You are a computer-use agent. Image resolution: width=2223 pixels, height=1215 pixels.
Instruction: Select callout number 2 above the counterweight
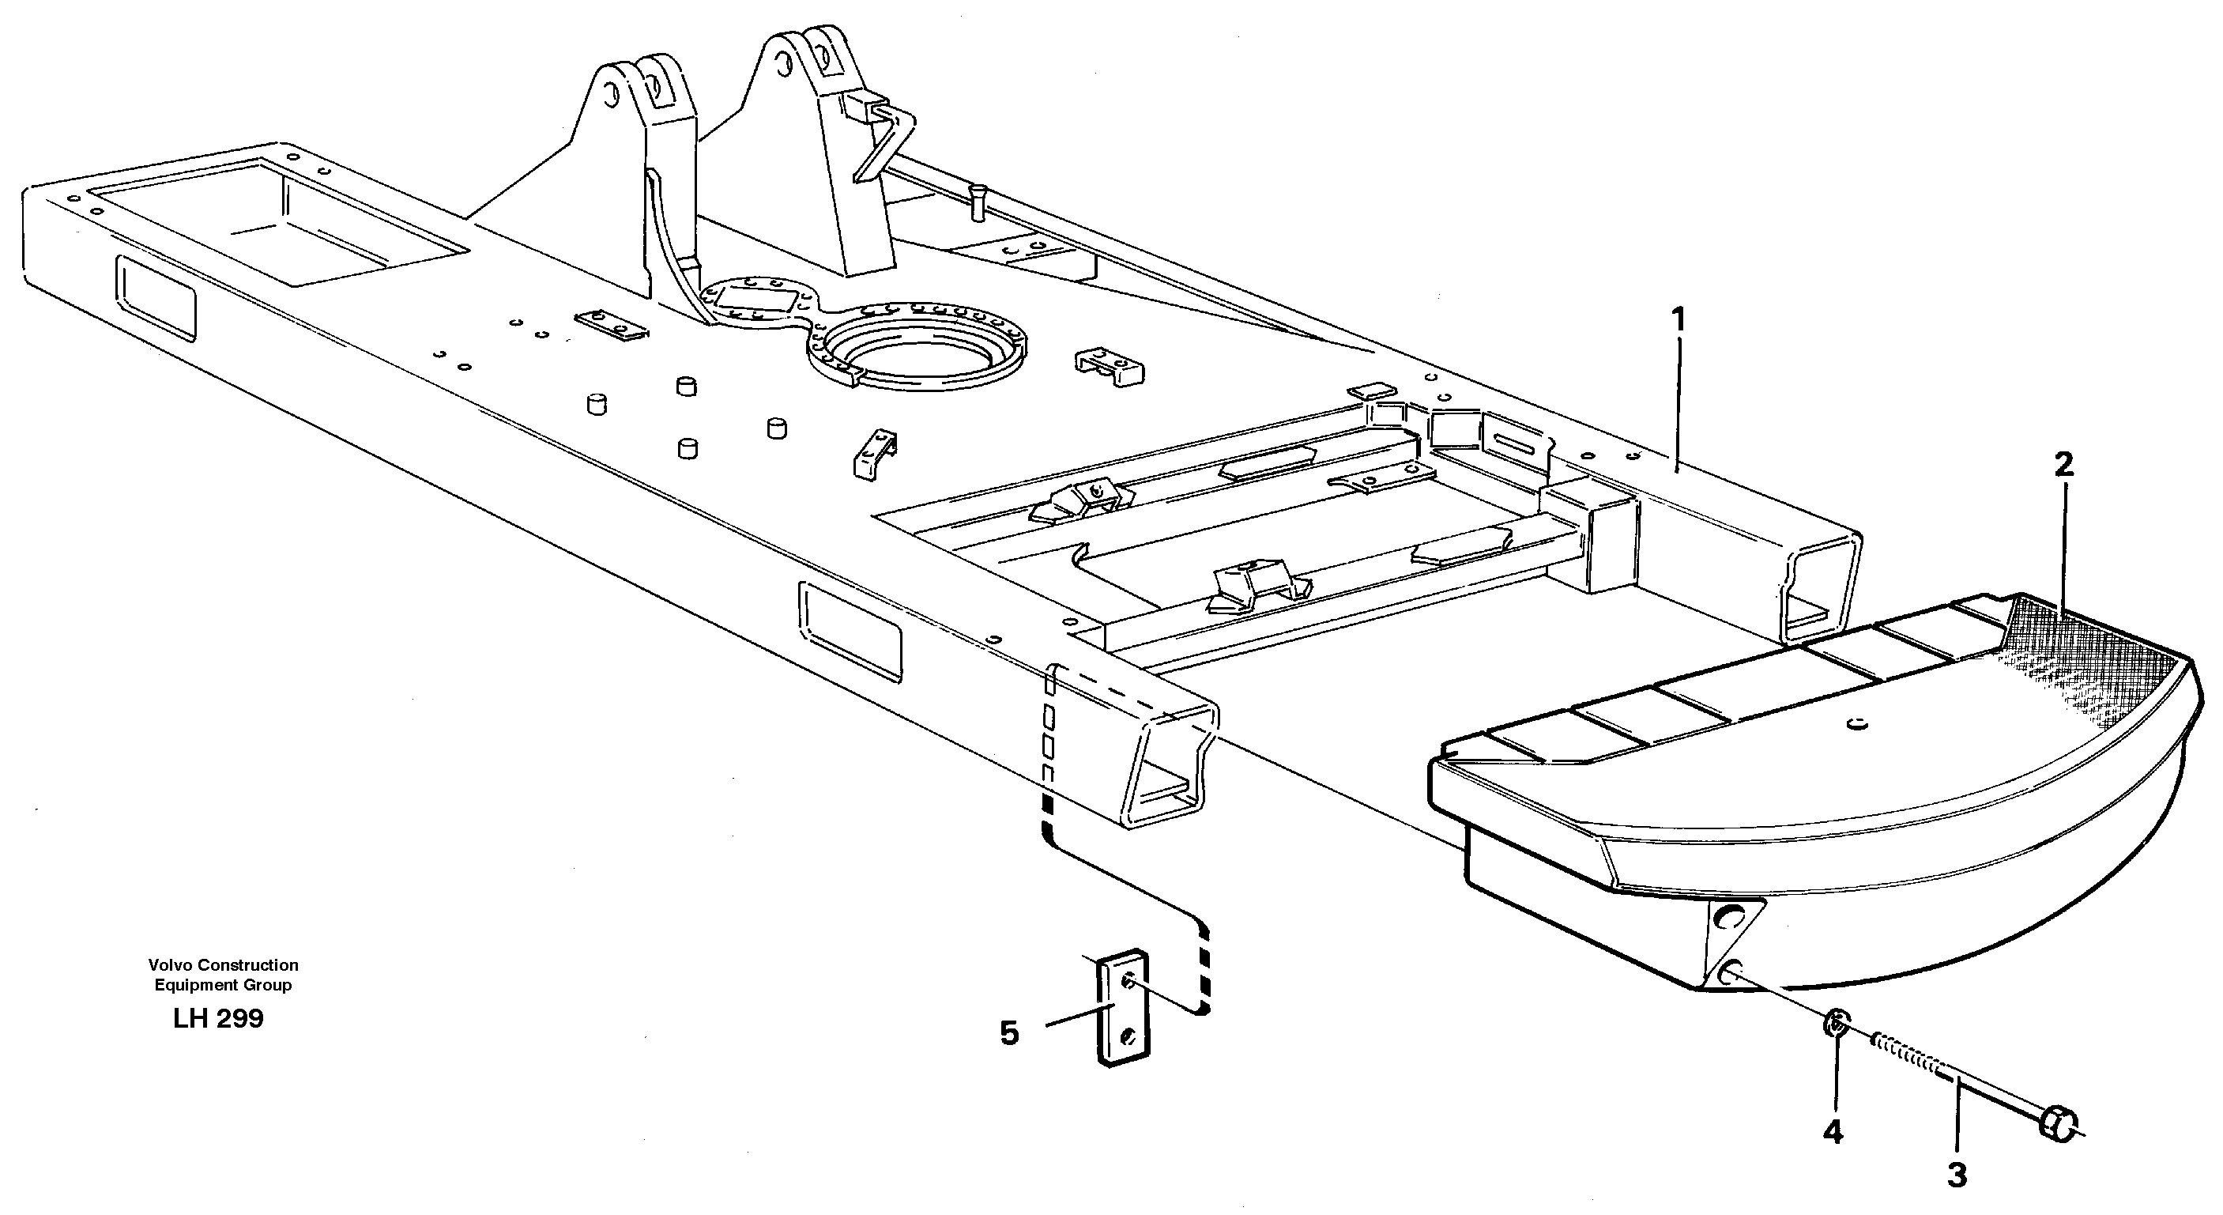coord(2063,466)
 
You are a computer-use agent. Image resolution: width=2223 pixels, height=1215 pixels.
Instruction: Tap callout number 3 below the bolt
coord(1957,1175)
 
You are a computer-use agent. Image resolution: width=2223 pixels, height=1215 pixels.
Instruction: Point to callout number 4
coord(1833,1131)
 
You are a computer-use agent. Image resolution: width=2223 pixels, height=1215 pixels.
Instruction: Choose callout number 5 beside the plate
coord(1009,1033)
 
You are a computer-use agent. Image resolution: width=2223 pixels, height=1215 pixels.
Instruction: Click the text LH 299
coord(217,1019)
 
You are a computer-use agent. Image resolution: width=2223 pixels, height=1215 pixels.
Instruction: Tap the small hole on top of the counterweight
coord(1856,723)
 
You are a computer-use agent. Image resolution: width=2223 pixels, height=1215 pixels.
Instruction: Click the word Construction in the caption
coord(247,964)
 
